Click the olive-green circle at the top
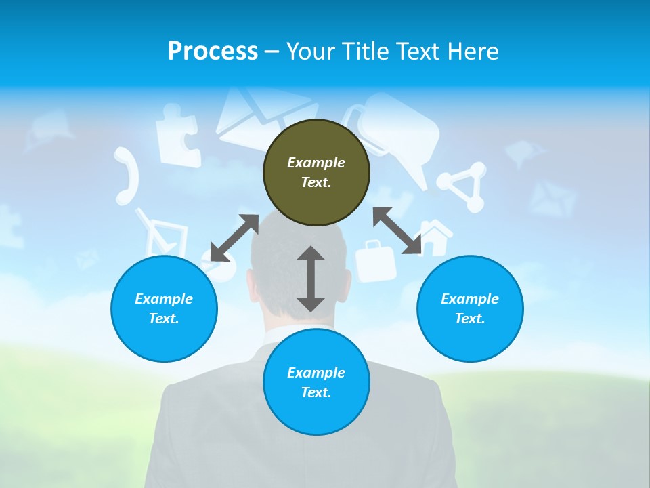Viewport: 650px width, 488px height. pyautogui.click(x=316, y=173)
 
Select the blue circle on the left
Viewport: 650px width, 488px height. pyautogui.click(x=164, y=308)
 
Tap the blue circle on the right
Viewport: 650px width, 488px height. pyautogui.click(x=470, y=308)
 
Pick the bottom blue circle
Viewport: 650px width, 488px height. pyautogui.click(x=316, y=382)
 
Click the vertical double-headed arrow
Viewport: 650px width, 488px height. pyautogui.click(x=311, y=279)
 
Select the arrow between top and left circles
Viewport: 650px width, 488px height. pyautogui.click(x=234, y=238)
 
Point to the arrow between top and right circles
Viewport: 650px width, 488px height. pyautogui.click(x=397, y=230)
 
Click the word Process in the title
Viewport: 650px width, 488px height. pyautogui.click(x=213, y=51)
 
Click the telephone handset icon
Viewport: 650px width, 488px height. pyautogui.click(x=127, y=176)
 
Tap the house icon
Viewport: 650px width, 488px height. pyautogui.click(x=435, y=237)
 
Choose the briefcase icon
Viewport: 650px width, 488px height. pyautogui.click(x=376, y=261)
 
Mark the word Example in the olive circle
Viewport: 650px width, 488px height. pyautogui.click(x=316, y=163)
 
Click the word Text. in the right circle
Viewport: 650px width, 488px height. pyautogui.click(x=470, y=319)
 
